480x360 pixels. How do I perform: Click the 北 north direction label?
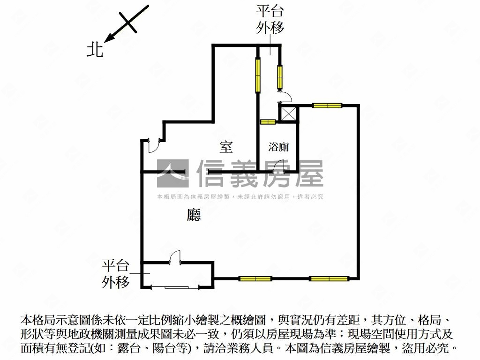tap(95, 50)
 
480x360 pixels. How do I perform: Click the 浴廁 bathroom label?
tap(278, 147)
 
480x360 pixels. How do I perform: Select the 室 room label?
tap(226, 147)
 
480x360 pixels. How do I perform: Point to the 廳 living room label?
tap(194, 215)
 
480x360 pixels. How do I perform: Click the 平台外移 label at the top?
tap(270, 20)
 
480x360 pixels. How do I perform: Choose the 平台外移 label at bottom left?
tap(116, 274)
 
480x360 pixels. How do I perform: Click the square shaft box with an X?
tap(288, 114)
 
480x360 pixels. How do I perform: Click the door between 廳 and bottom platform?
tap(175, 257)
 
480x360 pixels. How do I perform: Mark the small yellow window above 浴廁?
tap(268, 122)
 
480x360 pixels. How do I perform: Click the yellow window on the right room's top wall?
tap(327, 105)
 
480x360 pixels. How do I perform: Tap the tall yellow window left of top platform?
tap(258, 75)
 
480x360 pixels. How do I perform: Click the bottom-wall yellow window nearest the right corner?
tap(329, 279)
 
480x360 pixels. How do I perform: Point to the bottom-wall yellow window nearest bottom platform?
tap(255, 279)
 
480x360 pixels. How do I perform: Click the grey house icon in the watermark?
tap(172, 173)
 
